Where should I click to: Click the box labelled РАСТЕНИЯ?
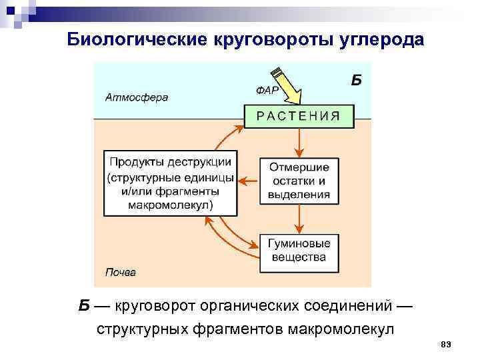[298, 116]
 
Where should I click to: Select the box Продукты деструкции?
[171, 183]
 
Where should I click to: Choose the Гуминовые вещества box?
[298, 251]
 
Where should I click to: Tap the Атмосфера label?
[137, 97]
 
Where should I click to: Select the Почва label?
[121, 272]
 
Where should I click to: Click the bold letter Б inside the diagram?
[356, 81]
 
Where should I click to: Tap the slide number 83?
[446, 343]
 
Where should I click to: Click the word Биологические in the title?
[137, 39]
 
